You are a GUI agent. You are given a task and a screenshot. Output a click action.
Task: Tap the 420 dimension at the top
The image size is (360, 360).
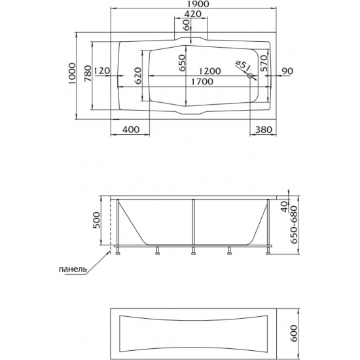pos(193,14)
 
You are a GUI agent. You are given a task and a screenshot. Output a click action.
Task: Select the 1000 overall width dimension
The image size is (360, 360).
pos(72,74)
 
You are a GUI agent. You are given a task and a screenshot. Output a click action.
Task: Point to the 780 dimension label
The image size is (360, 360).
pos(88,73)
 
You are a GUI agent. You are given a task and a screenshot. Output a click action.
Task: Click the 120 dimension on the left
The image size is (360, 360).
pos(102,71)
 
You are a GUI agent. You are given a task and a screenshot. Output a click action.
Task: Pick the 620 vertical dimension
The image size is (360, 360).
pos(137,76)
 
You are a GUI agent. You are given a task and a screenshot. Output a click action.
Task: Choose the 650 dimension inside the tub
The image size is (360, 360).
pos(181,63)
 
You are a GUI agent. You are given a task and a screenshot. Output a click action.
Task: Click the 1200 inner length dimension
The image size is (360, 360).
pos(209,71)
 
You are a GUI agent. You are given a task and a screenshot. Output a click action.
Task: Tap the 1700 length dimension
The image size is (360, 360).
pos(202,82)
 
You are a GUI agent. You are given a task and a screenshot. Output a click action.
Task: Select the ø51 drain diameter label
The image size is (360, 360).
pos(243,66)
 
